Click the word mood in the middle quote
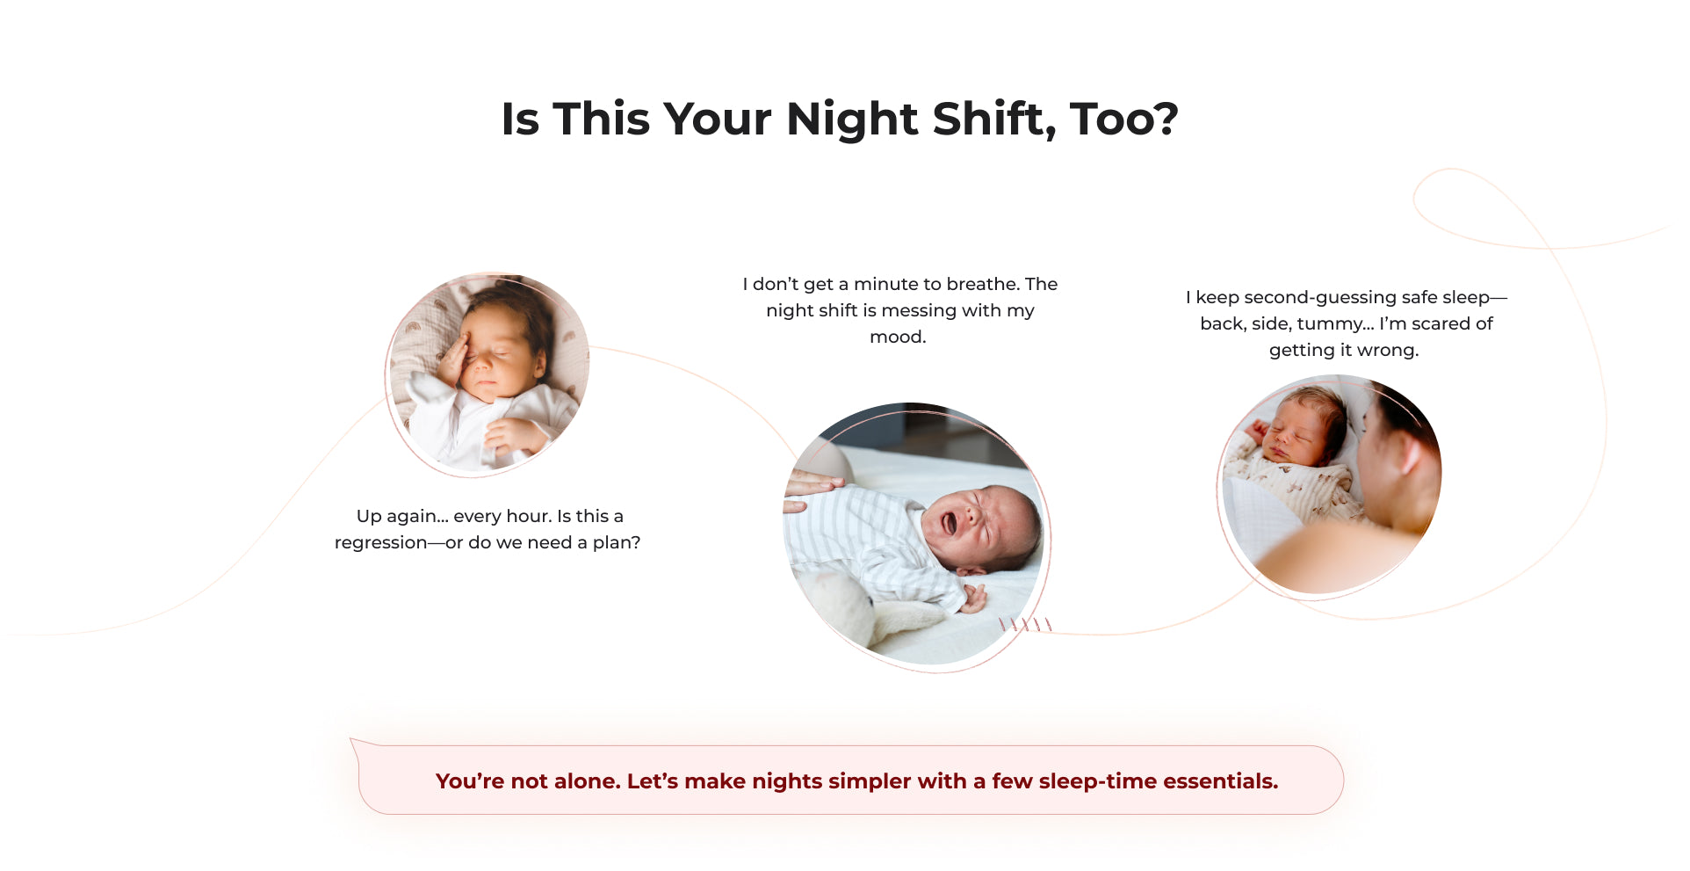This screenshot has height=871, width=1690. pos(897,337)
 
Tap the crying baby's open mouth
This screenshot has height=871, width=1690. pos(950,523)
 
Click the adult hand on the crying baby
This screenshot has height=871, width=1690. pos(812,490)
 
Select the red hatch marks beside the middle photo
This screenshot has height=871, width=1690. pos(1025,624)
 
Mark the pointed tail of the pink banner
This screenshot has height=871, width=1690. pos(352,740)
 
